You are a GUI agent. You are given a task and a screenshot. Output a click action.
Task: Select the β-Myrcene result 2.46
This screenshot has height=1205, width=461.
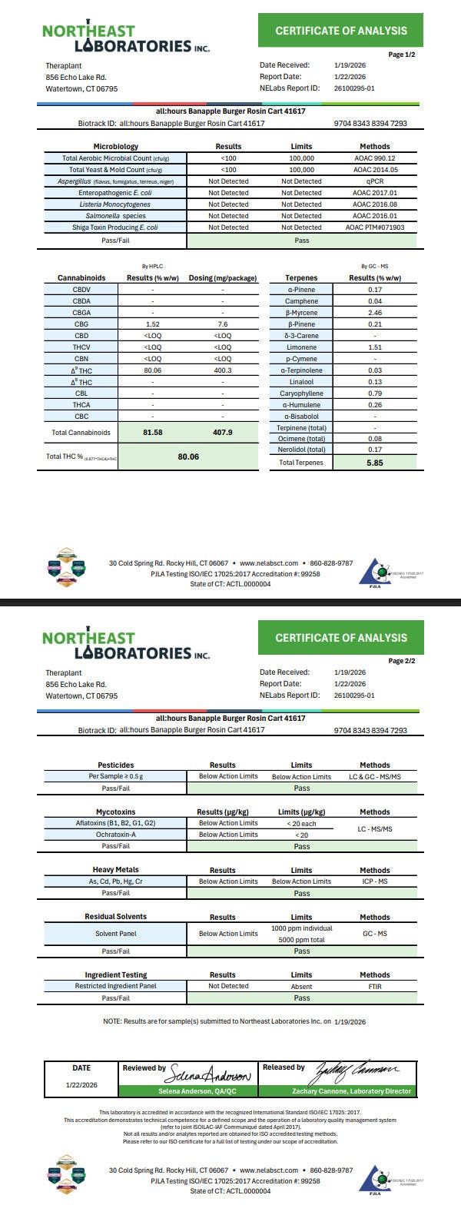point(374,313)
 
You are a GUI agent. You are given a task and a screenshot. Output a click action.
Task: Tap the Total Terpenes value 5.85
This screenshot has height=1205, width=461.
point(374,463)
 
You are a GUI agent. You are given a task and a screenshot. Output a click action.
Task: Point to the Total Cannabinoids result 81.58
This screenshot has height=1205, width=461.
point(153,432)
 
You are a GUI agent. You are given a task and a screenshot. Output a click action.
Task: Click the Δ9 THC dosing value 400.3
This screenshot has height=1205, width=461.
point(222,370)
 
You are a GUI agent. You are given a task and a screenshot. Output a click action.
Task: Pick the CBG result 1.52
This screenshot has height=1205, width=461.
point(153,324)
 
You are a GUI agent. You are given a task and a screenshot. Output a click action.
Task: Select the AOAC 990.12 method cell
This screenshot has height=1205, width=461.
point(374,158)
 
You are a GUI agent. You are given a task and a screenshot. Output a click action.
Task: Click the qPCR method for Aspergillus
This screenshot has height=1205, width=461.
point(374,181)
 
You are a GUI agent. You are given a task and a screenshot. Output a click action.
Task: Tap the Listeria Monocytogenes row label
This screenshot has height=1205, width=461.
point(114,204)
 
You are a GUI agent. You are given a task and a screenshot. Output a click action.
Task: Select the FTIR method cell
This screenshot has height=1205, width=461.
point(374,986)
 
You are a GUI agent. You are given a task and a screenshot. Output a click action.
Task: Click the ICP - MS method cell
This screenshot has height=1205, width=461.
point(374,881)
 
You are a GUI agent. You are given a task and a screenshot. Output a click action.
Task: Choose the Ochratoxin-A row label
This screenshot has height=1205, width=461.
point(115,835)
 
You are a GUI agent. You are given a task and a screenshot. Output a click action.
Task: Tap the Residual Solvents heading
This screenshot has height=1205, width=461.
point(115,917)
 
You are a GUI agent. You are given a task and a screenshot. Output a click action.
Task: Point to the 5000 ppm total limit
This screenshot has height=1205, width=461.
point(301,939)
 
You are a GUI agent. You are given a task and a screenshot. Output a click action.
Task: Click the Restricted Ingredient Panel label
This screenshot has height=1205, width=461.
point(115,986)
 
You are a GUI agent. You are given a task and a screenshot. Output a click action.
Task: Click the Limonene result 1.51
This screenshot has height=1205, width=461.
point(374,347)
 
